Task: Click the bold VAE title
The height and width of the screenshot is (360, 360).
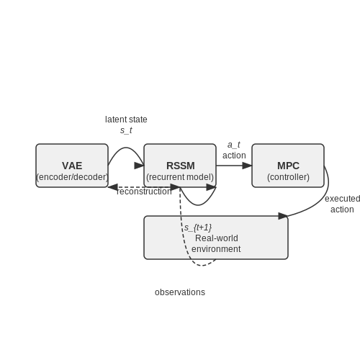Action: pos(72,166)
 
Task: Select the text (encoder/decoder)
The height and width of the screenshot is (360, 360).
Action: pos(72,177)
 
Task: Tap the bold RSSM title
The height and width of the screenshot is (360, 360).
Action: pos(181,166)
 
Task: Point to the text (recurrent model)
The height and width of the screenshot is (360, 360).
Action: pos(180,177)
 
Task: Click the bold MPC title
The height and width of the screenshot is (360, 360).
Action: pos(288,166)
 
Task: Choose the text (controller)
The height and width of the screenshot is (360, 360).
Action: pos(288,177)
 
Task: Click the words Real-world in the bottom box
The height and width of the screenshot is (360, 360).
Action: pos(217,238)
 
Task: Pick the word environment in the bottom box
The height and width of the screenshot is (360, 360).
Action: pos(216,249)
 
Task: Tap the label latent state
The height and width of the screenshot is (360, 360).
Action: pos(126,120)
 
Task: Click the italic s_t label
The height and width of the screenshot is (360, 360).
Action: pos(126,130)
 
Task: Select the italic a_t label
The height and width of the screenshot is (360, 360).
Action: pos(234,145)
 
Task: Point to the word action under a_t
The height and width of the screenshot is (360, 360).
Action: pos(234,156)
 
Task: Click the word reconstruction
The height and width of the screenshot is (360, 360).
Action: pos(144,192)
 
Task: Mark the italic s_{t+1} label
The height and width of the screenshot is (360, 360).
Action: pos(198,228)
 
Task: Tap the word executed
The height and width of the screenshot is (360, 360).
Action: pos(343,199)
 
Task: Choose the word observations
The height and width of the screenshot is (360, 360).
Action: pos(180,292)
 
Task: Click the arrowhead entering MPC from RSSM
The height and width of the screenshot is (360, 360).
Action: pos(247,166)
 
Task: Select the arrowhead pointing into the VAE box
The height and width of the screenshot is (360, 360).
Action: pos(113,187)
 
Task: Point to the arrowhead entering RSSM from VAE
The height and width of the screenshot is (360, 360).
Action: pos(139,166)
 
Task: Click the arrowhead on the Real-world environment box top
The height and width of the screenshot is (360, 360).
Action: pos(284,216)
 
